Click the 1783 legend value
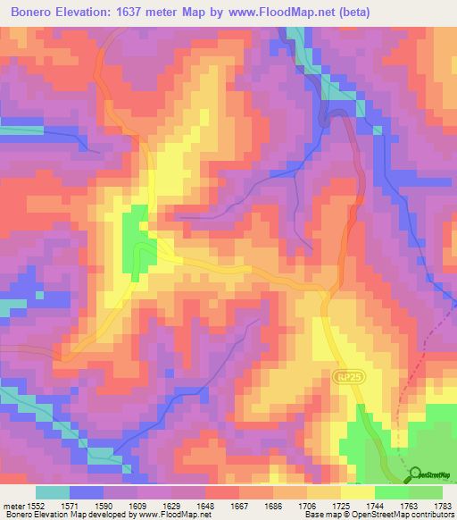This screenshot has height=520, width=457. click(442, 505)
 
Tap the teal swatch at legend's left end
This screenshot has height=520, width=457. click(52, 491)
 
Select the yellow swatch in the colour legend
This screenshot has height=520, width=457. click(357, 491)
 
